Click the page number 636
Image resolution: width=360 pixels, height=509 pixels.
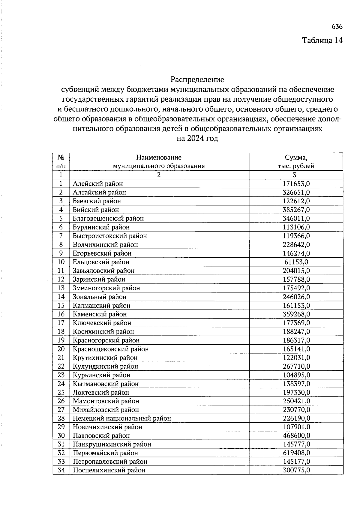337,27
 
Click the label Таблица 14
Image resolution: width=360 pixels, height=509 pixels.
322,40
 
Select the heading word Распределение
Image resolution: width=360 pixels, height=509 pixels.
197,80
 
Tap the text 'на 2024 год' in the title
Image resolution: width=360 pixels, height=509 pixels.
197,139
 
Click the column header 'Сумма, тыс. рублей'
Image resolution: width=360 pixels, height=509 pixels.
296,162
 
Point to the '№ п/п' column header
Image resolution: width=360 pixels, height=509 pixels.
61,162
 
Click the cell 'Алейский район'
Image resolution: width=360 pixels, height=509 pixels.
98,184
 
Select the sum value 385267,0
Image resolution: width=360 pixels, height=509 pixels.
296,210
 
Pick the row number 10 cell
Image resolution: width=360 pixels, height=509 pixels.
61,262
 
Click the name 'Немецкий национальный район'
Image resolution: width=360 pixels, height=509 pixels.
122,418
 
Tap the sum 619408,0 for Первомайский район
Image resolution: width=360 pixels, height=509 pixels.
296,453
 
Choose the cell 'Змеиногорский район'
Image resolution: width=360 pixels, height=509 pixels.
106,288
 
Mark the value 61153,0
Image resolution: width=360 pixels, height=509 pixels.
296,262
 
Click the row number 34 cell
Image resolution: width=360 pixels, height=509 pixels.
61,470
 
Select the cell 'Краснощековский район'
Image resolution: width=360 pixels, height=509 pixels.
111,349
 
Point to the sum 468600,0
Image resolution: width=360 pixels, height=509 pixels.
296,436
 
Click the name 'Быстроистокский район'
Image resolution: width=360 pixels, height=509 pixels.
110,236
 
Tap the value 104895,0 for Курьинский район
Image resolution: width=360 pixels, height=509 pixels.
296,375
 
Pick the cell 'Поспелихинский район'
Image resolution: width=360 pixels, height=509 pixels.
109,470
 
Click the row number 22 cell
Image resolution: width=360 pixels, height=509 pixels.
61,366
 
